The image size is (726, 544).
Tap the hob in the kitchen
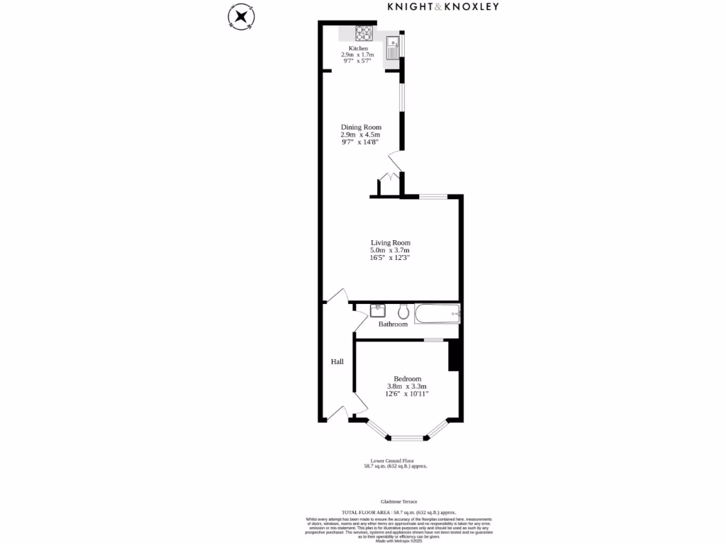[364, 33]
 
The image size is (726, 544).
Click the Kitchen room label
[358, 48]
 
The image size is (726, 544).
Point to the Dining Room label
[361, 127]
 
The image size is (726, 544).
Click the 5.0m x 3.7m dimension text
[390, 250]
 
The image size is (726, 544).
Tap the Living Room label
[390, 242]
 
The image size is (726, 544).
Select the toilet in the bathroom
[403, 311]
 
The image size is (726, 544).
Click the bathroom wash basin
[376, 310]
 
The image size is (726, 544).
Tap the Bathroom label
[393, 324]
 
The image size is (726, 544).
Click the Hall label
[337, 362]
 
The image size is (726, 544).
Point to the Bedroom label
[407, 378]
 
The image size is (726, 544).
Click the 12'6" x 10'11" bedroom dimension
[407, 394]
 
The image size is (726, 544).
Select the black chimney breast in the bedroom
[454, 356]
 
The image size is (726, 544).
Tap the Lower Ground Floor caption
[396, 460]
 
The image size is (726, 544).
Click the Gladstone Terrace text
[398, 501]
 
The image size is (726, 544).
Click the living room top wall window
[433, 196]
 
